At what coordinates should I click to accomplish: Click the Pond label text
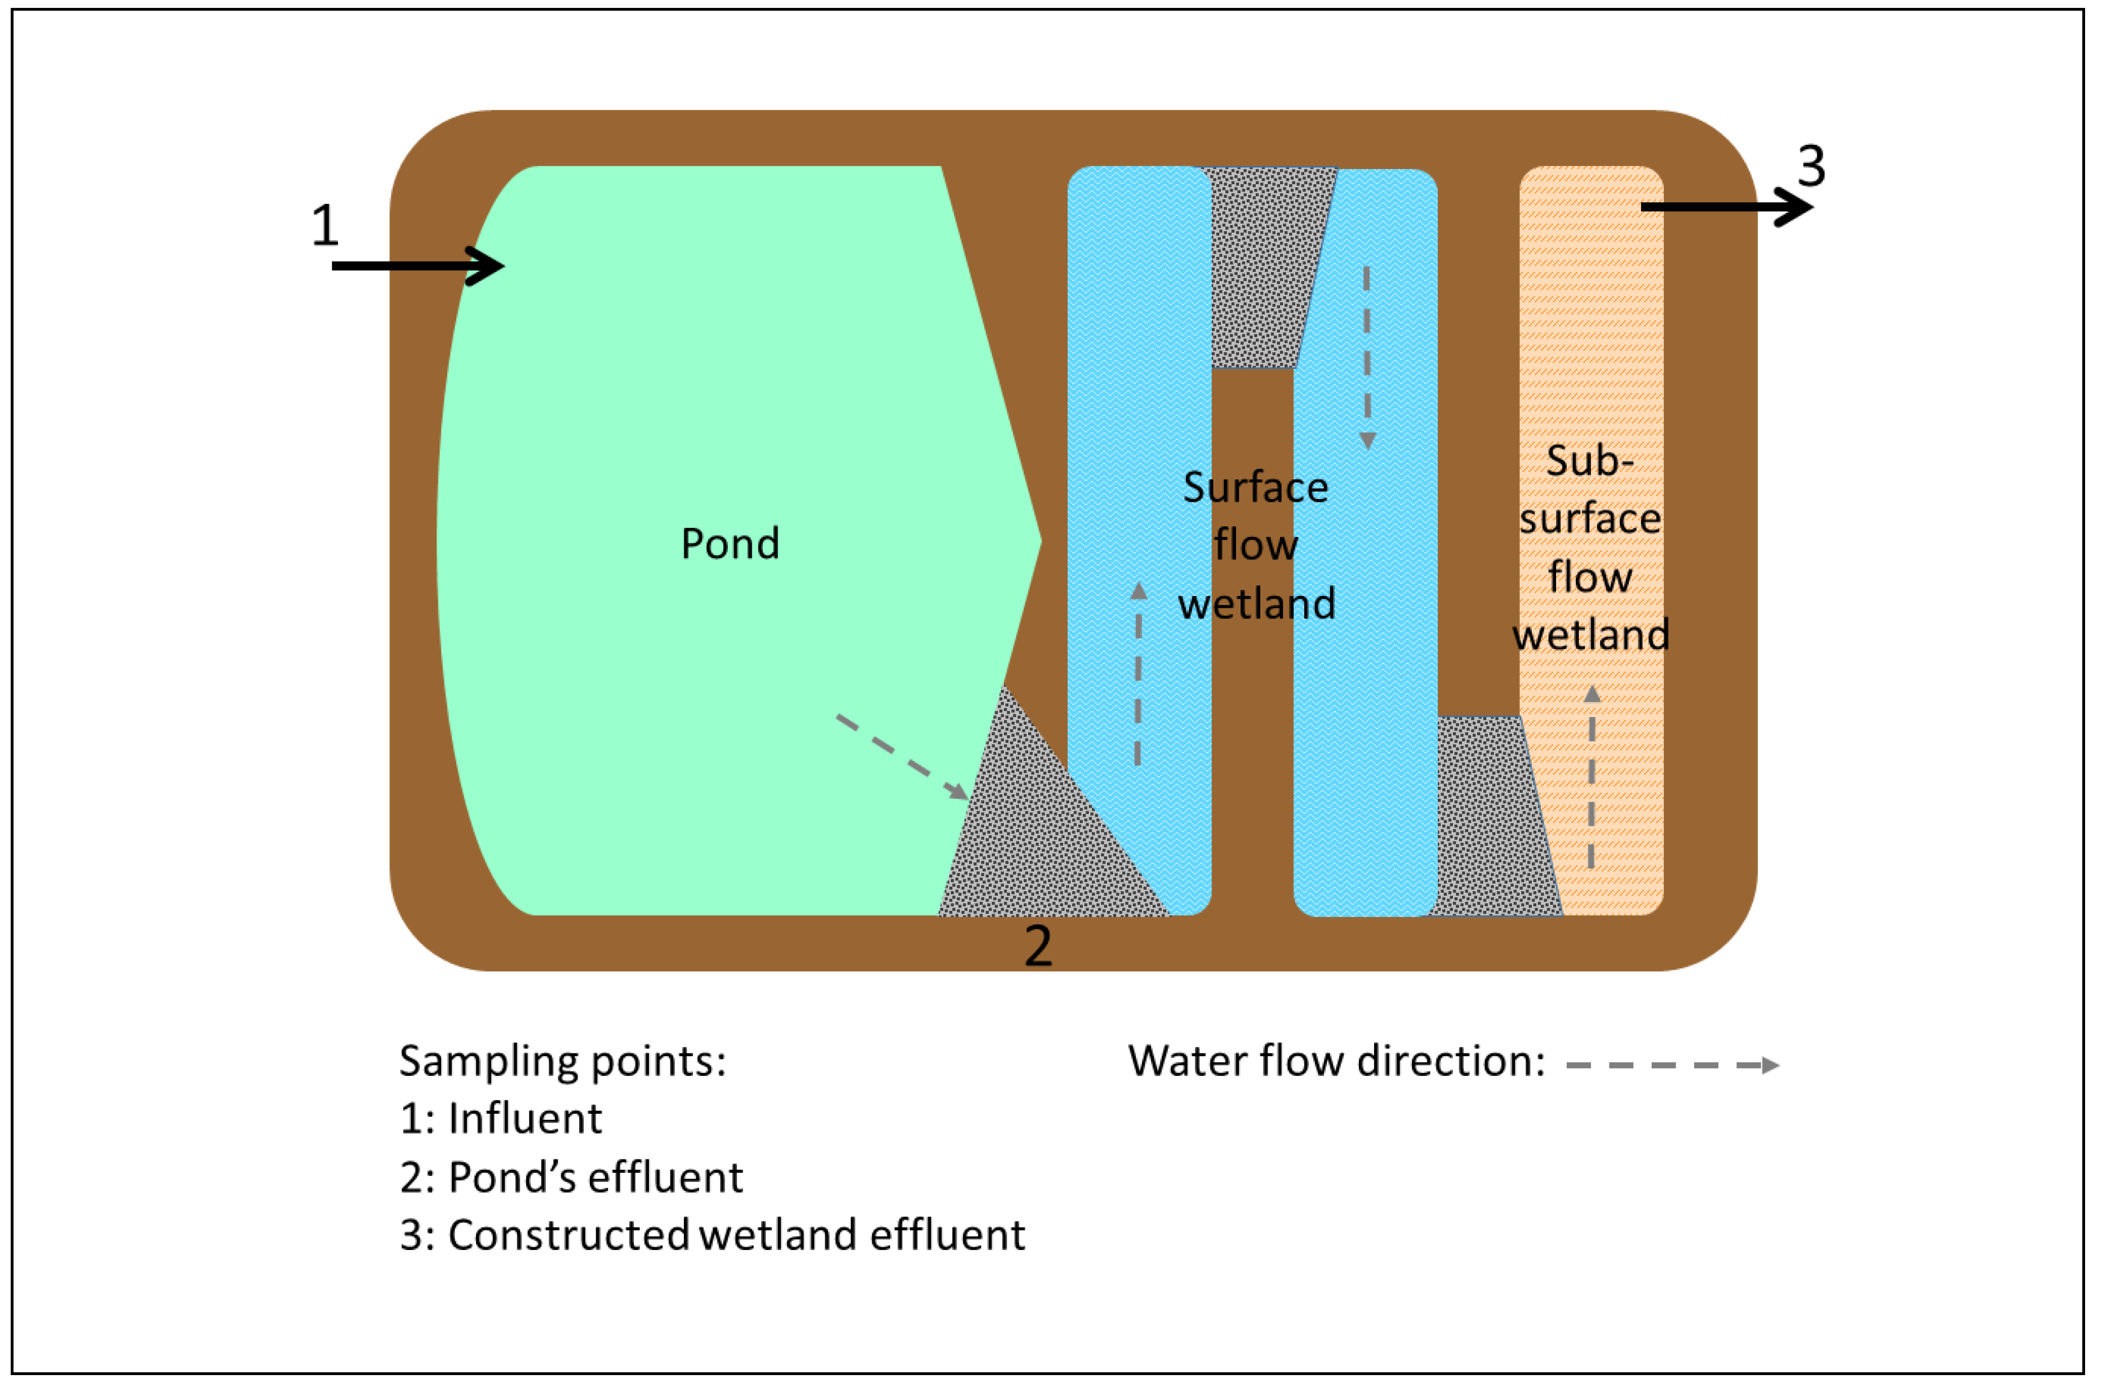(x=730, y=543)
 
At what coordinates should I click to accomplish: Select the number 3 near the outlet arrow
(x=1811, y=166)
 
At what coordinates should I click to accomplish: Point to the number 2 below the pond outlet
(x=1038, y=946)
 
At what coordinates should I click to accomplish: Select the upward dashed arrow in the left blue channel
(x=1138, y=675)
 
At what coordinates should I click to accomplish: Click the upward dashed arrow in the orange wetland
(x=1592, y=777)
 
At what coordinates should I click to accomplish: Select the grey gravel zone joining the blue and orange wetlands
(x=1491, y=817)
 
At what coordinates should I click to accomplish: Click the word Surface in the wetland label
(x=1255, y=487)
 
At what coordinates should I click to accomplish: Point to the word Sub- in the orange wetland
(x=1589, y=461)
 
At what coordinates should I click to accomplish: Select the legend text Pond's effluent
(x=595, y=1177)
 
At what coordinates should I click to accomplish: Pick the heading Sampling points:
(x=562, y=1061)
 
